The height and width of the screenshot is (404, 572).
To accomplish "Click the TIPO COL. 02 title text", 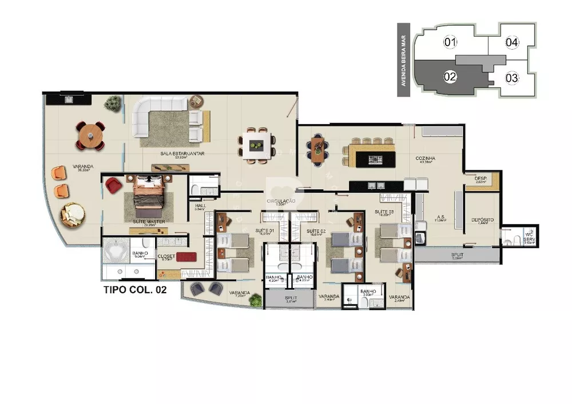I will tap(134, 290).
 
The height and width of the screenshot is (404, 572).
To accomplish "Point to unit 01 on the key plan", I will tap(451, 42).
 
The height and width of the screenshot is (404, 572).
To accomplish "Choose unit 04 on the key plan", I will tap(512, 42).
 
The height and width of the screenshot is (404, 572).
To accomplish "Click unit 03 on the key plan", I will tap(511, 77).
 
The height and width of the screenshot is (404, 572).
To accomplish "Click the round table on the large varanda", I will tap(91, 136).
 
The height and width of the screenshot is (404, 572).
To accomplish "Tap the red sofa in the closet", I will tap(186, 257).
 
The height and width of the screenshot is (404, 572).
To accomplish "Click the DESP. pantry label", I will tap(480, 179).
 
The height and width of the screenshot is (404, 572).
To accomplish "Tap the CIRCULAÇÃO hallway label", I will tap(280, 201).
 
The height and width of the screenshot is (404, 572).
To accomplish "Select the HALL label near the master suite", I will tap(200, 206).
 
